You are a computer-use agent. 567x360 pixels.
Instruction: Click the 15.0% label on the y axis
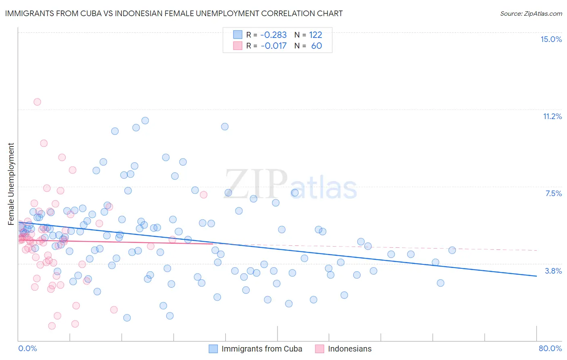coord(551,39)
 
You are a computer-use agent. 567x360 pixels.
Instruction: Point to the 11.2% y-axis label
coord(552,116)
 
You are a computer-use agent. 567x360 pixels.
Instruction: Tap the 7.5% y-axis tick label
coord(553,193)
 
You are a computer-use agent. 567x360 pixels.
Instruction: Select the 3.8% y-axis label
coord(553,271)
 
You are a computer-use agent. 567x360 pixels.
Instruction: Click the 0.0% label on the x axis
coord(27,348)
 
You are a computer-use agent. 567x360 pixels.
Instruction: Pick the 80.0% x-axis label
coord(550,348)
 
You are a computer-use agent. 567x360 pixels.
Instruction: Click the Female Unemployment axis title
coord(11,184)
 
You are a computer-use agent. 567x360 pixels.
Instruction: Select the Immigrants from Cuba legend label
coord(262,349)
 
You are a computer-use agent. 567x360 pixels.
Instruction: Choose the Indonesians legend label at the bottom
coord(350,349)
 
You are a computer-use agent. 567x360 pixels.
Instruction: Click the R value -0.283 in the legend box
coord(273,35)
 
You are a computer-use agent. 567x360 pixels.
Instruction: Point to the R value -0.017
coord(273,46)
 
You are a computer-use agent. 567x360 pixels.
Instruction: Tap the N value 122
coord(315,35)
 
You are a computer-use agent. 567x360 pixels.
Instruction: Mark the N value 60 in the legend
coord(317,46)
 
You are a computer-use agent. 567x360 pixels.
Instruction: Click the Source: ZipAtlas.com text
coord(531,13)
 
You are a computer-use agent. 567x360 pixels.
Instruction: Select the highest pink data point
coord(37,102)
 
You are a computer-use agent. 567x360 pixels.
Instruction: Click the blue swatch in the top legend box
coord(238,35)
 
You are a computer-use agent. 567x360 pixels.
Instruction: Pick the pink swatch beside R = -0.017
coord(238,46)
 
